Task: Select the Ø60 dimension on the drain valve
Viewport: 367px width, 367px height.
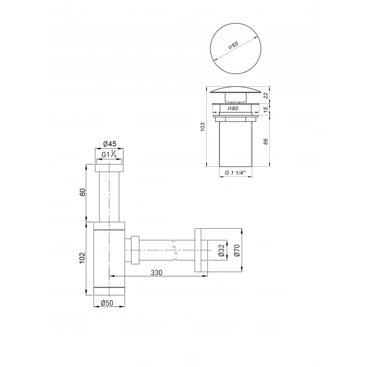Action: click(x=233, y=108)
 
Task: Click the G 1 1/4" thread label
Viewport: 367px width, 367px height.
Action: click(x=235, y=174)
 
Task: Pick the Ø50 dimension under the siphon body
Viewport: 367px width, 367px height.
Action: click(x=110, y=302)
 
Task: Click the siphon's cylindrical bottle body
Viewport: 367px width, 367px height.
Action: click(x=110, y=257)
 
